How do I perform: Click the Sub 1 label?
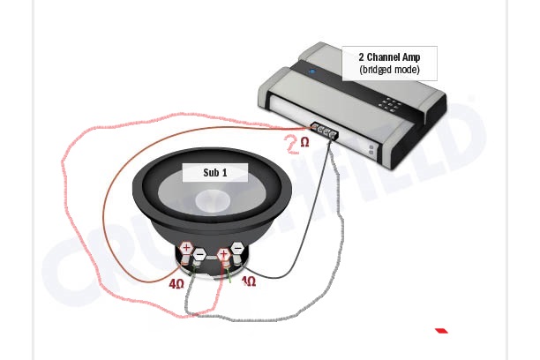pyautogui.click(x=215, y=173)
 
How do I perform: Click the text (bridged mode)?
pyautogui.click(x=389, y=70)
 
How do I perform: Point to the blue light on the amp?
pyautogui.click(x=312, y=71)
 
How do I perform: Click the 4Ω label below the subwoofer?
pyautogui.click(x=176, y=284)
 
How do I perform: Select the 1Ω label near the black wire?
pyautogui.click(x=249, y=281)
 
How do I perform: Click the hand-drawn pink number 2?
pyautogui.click(x=293, y=144)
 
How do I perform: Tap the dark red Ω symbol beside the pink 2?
pyautogui.click(x=305, y=141)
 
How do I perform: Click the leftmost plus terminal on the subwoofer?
pyautogui.click(x=186, y=247)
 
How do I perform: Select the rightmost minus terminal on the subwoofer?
pyautogui.click(x=237, y=248)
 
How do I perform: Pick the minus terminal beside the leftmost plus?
pyautogui.click(x=199, y=255)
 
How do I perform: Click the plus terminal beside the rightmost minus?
pyautogui.click(x=223, y=255)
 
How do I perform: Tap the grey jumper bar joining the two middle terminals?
pyautogui.click(x=212, y=257)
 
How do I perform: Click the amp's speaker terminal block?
pyautogui.click(x=325, y=131)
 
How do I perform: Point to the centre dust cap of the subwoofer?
pyautogui.click(x=212, y=202)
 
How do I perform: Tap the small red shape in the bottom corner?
pyautogui.click(x=441, y=331)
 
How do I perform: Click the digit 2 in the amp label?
pyautogui.click(x=361, y=57)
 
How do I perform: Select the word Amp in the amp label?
pyautogui.click(x=411, y=57)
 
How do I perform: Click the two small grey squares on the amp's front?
pyautogui.click(x=371, y=149)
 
